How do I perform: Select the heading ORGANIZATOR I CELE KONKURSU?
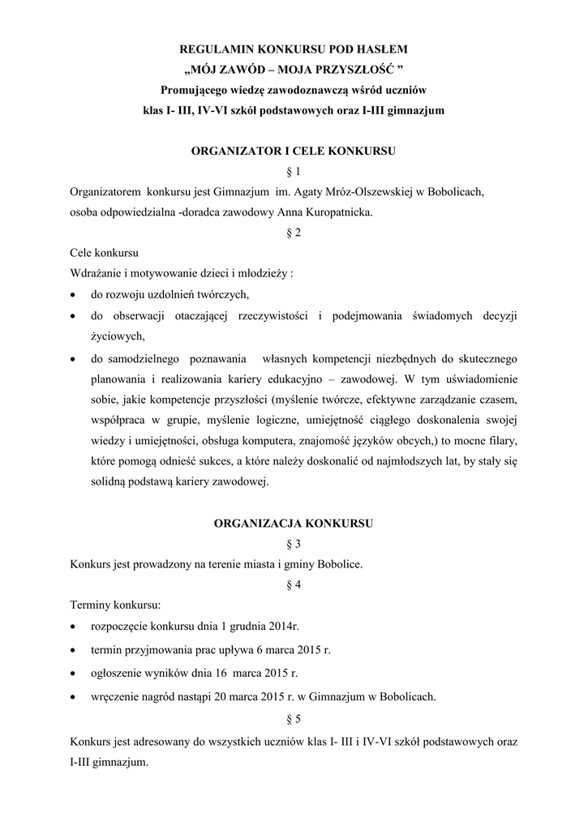(294, 151)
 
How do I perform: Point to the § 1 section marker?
(294, 171)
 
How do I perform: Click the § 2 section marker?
(294, 233)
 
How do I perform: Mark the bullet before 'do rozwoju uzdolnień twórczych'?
(74, 294)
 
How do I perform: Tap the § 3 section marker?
(294, 544)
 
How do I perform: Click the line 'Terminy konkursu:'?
(115, 605)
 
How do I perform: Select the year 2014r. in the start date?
(293, 627)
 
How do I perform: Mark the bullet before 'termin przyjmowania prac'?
(74, 651)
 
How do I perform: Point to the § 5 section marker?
(294, 718)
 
